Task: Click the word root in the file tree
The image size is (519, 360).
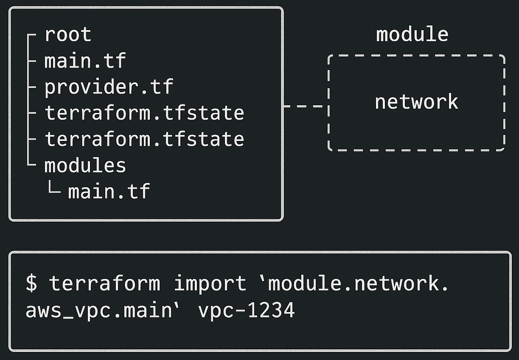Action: pos(67,34)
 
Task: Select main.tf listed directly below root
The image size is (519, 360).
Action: pos(85,61)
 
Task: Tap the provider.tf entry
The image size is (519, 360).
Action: pos(109,87)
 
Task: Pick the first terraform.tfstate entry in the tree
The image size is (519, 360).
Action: pos(144,113)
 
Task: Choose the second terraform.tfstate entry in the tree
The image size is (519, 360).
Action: pos(144,139)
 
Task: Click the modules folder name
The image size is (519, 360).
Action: pos(85,166)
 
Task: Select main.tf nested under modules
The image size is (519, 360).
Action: pos(109,191)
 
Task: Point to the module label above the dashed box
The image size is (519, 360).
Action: pos(412,34)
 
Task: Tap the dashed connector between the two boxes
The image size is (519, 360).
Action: pos(305,106)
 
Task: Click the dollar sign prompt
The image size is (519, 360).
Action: pos(31,283)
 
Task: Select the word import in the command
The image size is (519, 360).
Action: pos(210,283)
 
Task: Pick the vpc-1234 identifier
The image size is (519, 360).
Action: pos(246,310)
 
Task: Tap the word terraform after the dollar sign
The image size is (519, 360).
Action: pos(105,283)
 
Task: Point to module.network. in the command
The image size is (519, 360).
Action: pos(358,283)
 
